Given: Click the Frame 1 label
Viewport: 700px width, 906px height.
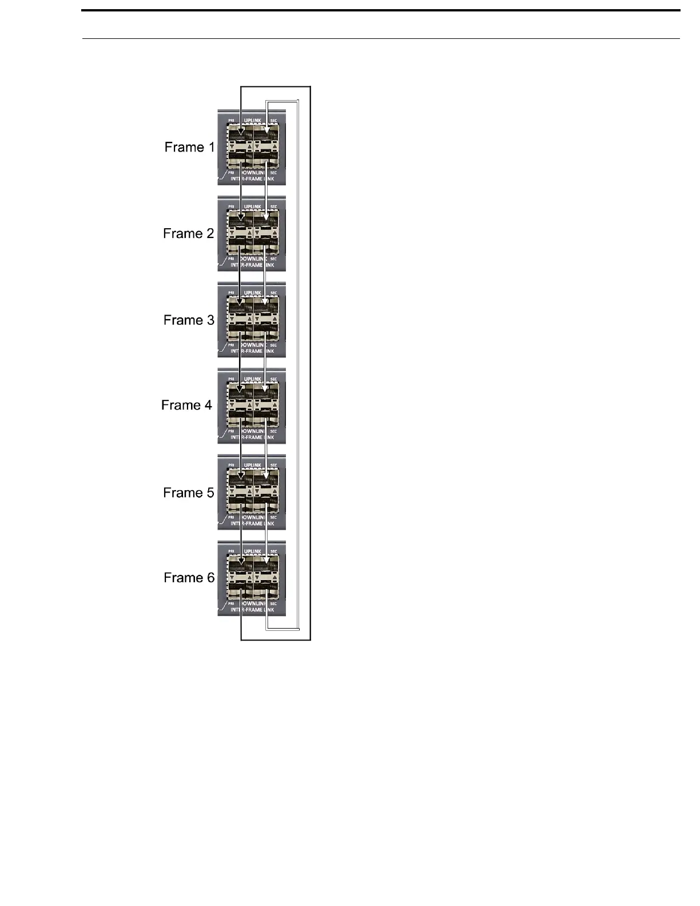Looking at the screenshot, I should (x=189, y=147).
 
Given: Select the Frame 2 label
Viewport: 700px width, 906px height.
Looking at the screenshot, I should (x=188, y=233).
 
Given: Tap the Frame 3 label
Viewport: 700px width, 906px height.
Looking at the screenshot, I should (x=189, y=320).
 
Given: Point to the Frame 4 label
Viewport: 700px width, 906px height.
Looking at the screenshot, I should (x=186, y=405).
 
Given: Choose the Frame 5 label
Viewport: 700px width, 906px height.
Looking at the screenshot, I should (x=188, y=492).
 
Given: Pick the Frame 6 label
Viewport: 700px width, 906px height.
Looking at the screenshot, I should (x=189, y=578).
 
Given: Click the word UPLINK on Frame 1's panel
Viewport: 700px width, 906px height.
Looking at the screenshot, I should (x=252, y=121).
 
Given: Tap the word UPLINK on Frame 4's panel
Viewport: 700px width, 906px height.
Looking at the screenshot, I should (x=252, y=379).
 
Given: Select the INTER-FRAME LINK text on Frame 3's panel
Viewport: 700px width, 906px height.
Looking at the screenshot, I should (x=252, y=351).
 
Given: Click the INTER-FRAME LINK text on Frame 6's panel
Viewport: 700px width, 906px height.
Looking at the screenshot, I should (x=252, y=610).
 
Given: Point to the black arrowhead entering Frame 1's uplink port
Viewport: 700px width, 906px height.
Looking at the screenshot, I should (x=241, y=136).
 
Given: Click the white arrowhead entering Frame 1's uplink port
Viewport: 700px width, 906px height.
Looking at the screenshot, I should (x=267, y=136).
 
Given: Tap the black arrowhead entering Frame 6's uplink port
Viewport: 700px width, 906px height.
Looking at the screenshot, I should (x=241, y=562).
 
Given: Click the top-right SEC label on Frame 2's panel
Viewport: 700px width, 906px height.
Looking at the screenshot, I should (x=273, y=207).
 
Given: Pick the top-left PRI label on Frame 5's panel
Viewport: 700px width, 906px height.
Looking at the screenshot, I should (x=231, y=465).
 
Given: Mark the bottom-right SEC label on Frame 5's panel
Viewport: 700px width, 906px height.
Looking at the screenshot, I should (x=273, y=518).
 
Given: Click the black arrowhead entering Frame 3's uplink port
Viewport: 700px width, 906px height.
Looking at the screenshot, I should (x=240, y=303).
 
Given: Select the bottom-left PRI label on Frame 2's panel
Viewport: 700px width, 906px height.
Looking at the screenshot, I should (x=231, y=259).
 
